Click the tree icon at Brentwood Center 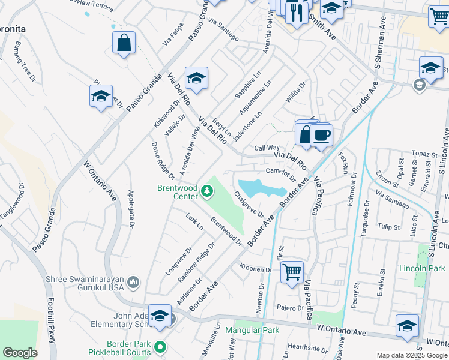tap(207, 191)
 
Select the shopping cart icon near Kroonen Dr tap(292, 272)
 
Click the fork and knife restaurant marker tap(297, 12)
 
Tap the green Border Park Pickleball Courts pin tap(160, 347)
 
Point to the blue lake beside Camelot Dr tap(261, 188)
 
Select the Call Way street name tap(267, 148)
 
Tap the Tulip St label tap(389, 227)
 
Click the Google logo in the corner tap(20, 353)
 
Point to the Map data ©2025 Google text tap(412, 356)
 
